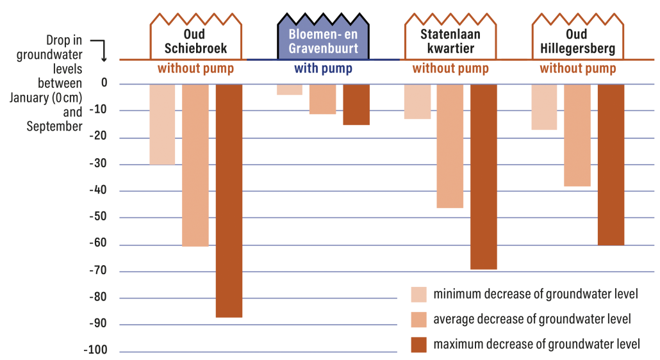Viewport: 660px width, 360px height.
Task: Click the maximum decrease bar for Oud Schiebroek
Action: coord(229,200)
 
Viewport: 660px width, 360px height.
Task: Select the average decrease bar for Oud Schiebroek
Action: coord(195,165)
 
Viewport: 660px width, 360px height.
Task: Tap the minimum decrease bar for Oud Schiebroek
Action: coord(162,124)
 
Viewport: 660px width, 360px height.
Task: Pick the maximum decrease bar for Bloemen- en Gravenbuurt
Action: coord(356,104)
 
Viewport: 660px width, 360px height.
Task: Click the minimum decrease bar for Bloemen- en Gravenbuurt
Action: coord(290,89)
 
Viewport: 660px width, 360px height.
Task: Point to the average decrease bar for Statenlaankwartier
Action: coord(450,145)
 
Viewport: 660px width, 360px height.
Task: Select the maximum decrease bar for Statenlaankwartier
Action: coord(483,176)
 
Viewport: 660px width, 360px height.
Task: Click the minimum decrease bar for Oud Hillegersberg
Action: coord(545,106)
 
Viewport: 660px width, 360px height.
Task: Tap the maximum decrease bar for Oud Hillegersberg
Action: coord(611,164)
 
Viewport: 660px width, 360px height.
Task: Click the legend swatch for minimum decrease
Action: coord(419,294)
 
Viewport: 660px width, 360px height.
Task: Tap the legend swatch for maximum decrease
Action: coord(419,345)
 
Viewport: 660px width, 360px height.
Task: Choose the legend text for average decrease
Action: coord(532,319)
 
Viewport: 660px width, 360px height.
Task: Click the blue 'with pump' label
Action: coord(323,69)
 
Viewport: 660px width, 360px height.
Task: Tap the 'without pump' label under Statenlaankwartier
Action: coord(450,69)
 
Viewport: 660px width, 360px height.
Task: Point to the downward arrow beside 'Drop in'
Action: coord(103,50)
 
